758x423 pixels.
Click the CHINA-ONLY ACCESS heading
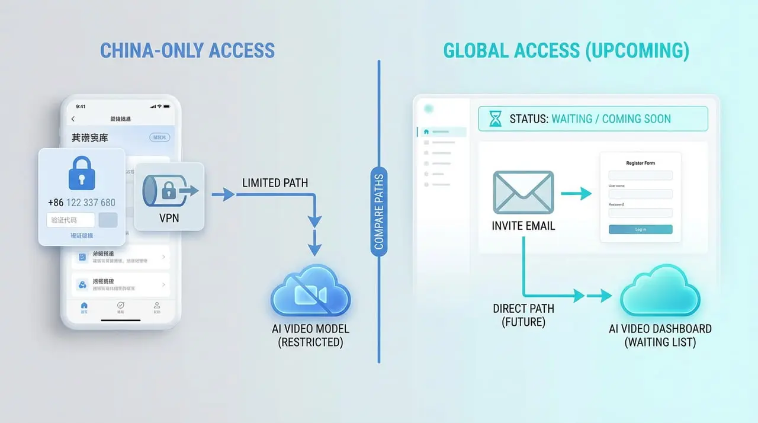187,50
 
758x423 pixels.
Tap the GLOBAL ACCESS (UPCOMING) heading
566,51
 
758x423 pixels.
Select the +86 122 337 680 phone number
82,203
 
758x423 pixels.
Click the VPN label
169,219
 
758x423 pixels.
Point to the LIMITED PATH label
275,183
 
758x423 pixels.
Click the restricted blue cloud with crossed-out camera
311,291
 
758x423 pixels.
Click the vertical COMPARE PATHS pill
379,211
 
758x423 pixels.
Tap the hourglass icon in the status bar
494,119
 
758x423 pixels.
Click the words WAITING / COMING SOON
611,119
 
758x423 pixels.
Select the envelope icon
523,192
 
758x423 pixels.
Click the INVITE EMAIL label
523,226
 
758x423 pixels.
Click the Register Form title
640,163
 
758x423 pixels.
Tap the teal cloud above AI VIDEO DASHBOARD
659,291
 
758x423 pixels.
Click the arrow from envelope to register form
576,193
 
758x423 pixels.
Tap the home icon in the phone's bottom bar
84,306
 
